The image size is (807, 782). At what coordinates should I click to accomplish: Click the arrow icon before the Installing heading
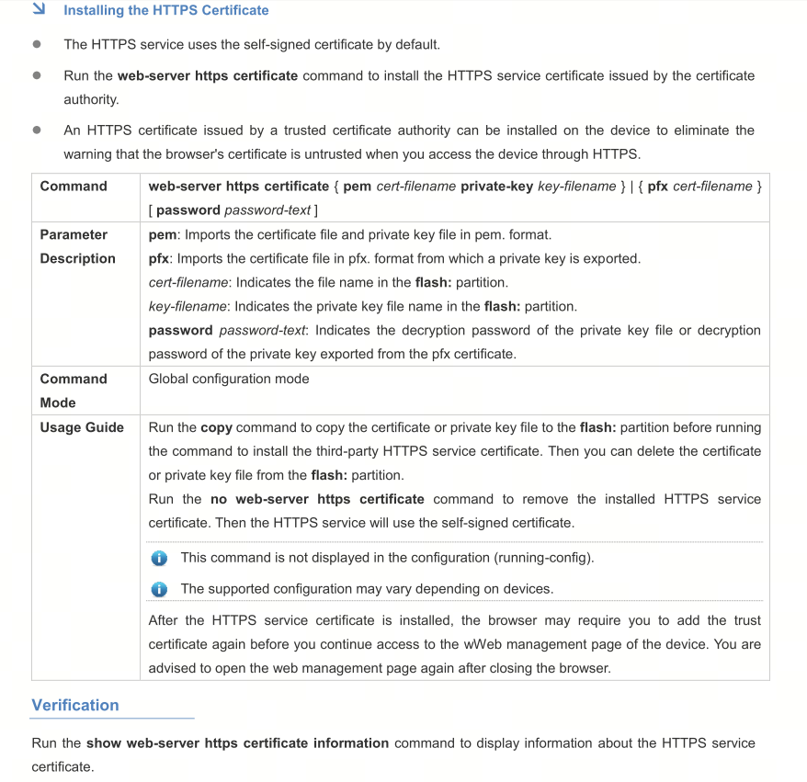38,10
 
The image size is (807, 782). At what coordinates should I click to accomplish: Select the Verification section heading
75,705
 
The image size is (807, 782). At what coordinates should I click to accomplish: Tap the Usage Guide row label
82,427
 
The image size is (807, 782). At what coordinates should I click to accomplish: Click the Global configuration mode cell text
229,379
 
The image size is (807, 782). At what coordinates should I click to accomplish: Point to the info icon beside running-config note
159,558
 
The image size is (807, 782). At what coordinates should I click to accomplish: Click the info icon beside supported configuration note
159,589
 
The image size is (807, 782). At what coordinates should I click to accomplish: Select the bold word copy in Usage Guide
216,427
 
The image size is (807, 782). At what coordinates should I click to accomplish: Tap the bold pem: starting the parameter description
164,234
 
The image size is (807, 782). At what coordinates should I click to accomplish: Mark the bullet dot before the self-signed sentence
37,44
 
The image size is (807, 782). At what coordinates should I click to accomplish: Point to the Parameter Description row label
78,246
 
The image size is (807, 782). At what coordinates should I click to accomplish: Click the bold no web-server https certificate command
317,499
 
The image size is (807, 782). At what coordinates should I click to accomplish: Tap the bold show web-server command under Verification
237,742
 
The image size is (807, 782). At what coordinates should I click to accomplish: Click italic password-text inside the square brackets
267,210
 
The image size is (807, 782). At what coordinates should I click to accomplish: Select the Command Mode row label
74,391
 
